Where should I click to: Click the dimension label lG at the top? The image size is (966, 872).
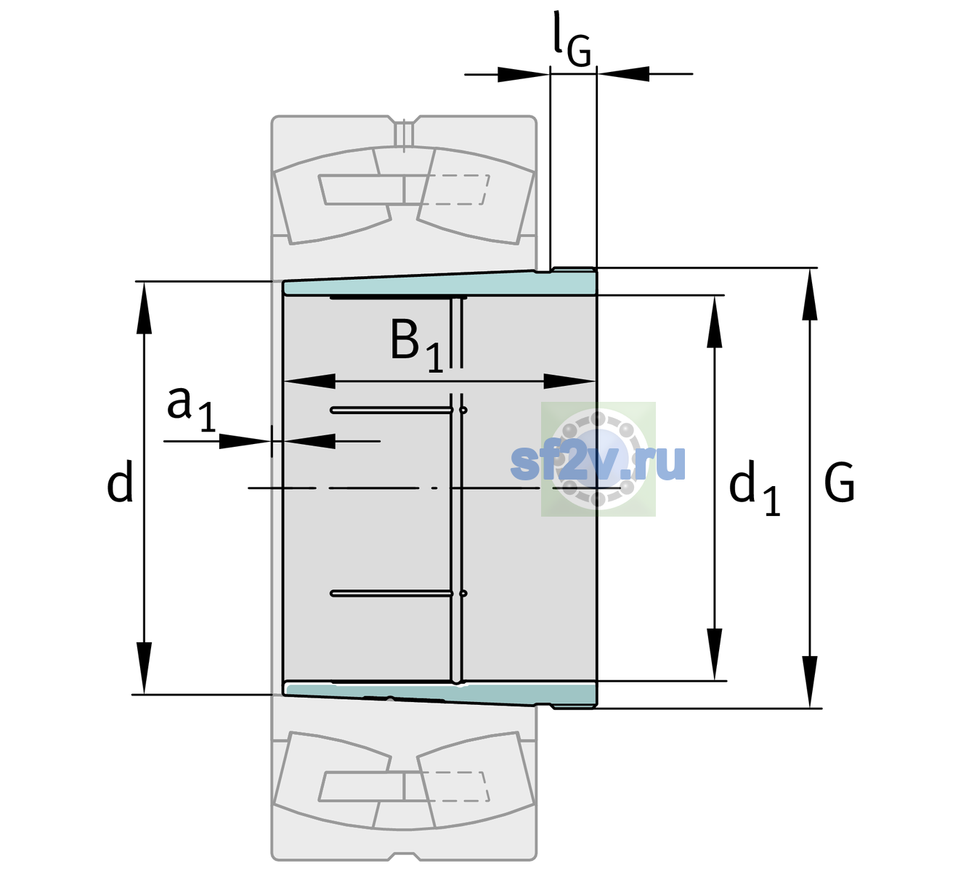[x=572, y=40]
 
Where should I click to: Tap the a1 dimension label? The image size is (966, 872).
[x=191, y=410]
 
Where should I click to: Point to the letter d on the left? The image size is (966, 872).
[x=119, y=480]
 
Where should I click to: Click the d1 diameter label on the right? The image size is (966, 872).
[x=755, y=488]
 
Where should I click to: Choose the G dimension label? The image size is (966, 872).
[x=839, y=483]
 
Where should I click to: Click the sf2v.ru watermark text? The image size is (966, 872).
[x=598, y=462]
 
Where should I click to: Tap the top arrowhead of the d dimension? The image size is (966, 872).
[x=144, y=307]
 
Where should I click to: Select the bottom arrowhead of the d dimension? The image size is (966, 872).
[x=144, y=669]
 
